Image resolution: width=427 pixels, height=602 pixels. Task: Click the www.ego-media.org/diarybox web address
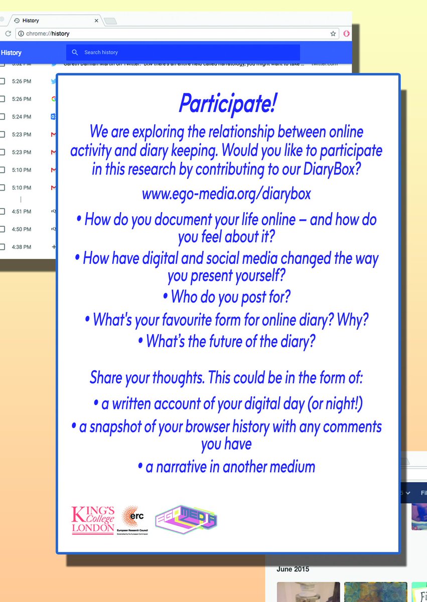226,194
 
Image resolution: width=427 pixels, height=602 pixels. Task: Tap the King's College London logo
93,520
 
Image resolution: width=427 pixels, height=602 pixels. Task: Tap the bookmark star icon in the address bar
333,34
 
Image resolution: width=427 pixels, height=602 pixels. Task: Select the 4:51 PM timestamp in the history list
22,212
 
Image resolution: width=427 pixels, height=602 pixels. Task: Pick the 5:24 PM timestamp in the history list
22,117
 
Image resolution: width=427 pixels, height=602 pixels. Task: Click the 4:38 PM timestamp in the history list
22,247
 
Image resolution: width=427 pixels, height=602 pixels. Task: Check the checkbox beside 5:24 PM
2,117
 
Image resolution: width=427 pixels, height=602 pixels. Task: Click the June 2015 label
293,569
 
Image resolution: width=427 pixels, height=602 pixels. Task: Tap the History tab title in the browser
31,21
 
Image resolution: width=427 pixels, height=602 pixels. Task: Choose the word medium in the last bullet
291,467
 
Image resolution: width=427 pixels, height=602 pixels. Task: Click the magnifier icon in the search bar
75,52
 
